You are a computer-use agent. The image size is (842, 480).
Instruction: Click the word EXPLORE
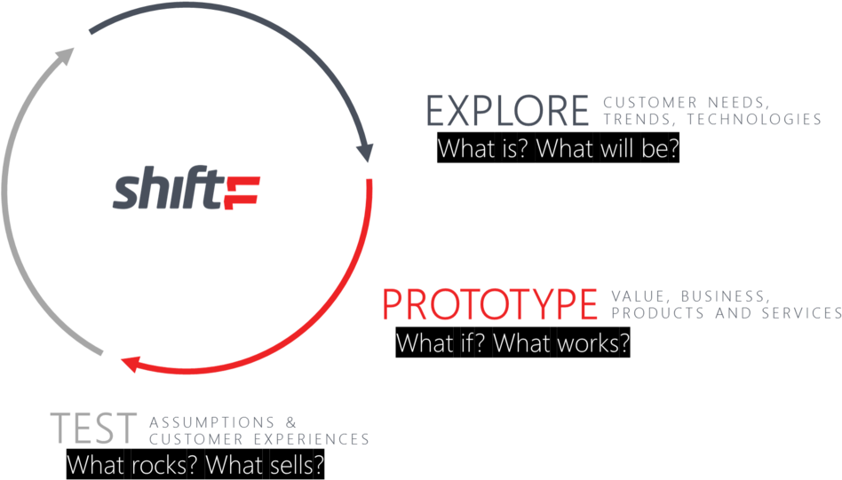(507, 111)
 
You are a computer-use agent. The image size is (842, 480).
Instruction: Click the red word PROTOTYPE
(489, 304)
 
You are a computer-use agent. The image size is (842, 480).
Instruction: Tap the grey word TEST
(93, 428)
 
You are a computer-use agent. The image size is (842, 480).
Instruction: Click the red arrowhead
(131, 364)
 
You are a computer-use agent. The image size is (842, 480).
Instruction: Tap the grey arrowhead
(66, 55)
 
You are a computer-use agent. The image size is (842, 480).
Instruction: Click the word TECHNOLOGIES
(754, 119)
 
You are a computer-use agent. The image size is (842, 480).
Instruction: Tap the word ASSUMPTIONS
(212, 422)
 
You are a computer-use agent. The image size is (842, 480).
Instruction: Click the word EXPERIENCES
(312, 439)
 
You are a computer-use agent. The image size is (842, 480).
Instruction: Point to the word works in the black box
(589, 342)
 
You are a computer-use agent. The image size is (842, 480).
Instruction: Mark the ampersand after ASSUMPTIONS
(291, 422)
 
